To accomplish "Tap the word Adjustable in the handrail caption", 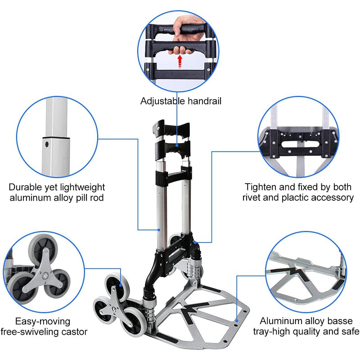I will pos(161,101).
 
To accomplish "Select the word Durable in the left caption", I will pos(24,187).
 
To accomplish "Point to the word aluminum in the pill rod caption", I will pos(28,198).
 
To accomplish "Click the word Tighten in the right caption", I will pos(259,187).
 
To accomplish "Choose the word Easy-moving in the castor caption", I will pos(43,321).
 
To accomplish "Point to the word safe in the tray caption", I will pos(349,332).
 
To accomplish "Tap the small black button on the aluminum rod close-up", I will pos(46,145).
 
